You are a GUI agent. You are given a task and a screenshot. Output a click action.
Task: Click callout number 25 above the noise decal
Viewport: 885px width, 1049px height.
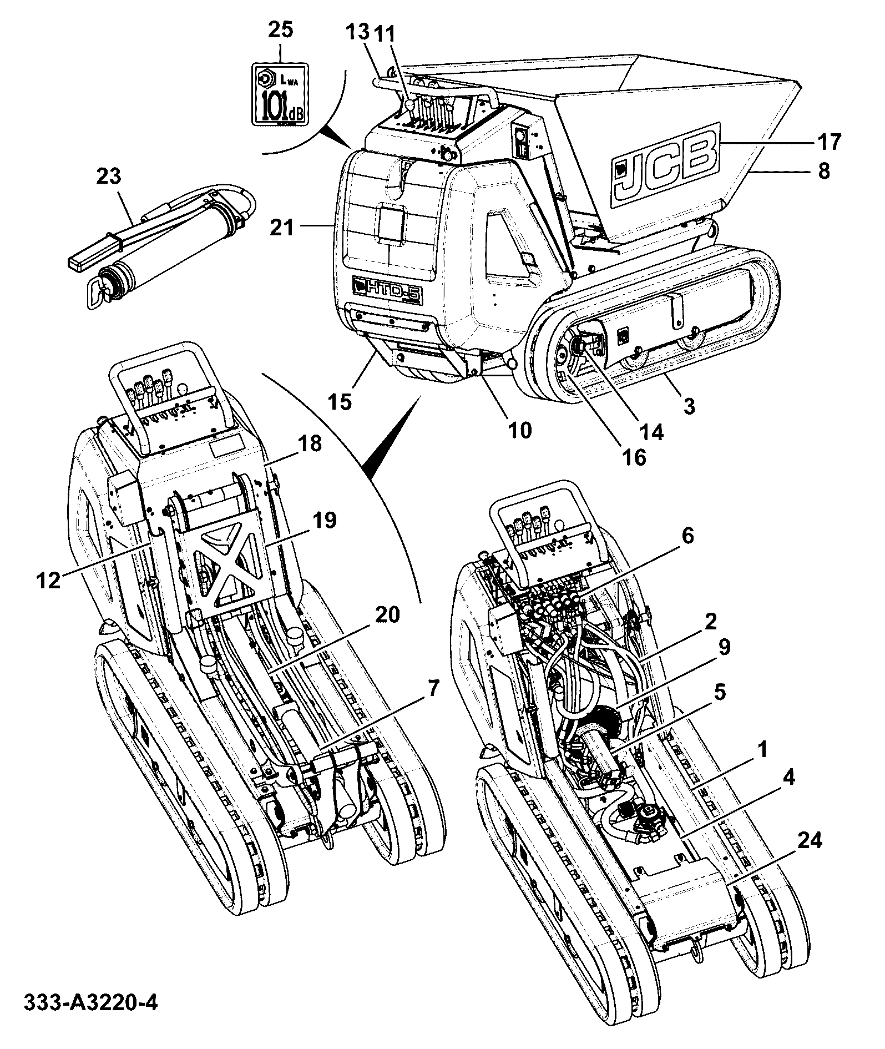(280, 30)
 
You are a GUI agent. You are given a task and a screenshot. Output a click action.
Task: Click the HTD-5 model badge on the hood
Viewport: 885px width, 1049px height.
(388, 290)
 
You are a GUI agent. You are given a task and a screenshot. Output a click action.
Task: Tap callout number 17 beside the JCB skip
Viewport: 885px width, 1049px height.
(827, 141)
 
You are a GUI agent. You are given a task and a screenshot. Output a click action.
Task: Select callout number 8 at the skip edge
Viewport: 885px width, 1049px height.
(824, 171)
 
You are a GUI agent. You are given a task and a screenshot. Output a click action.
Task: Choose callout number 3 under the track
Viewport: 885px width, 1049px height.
(689, 406)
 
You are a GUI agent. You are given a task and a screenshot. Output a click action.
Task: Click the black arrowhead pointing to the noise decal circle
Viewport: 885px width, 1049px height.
(336, 135)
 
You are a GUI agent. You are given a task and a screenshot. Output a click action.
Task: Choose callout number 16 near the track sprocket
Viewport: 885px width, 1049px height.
(634, 457)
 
